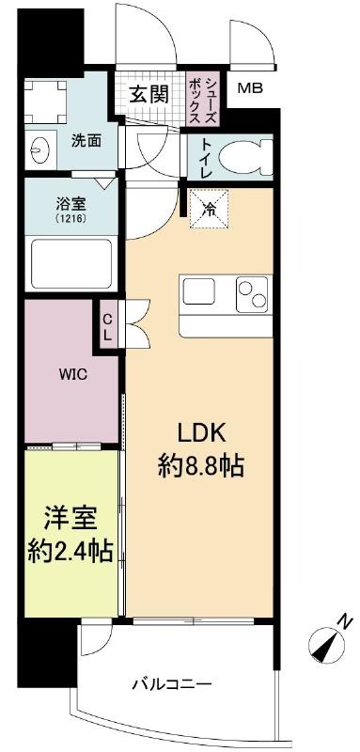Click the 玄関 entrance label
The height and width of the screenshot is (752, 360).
[x=149, y=95]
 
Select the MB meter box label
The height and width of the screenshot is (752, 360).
[x=251, y=88]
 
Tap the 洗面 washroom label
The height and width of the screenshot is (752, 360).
[x=86, y=142]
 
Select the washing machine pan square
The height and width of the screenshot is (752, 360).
[x=45, y=102]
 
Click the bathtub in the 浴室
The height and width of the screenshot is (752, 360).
[x=71, y=264]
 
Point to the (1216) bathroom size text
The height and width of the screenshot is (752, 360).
[x=70, y=218]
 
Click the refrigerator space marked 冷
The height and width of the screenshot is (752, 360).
[x=209, y=209]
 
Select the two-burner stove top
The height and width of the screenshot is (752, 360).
[x=252, y=294]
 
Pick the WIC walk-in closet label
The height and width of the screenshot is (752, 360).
[x=73, y=374]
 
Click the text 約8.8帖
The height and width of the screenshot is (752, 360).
[x=201, y=465]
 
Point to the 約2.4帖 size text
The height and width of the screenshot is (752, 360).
[x=70, y=551]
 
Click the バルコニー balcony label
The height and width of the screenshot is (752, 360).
[x=172, y=683]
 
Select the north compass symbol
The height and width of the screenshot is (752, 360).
[x=326, y=643]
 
